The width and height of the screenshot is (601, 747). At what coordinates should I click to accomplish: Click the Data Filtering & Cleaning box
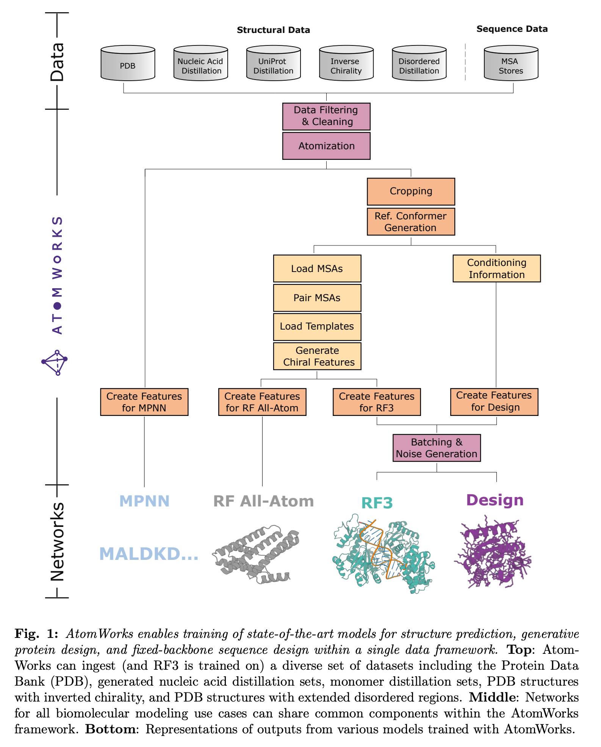[x=326, y=116]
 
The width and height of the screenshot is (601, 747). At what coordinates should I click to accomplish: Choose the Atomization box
[x=326, y=146]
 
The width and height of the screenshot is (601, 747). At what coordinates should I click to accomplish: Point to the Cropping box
[x=411, y=191]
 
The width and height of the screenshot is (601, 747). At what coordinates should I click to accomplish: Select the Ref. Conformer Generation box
[x=411, y=222]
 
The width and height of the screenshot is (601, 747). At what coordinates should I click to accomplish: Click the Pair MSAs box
[x=317, y=298]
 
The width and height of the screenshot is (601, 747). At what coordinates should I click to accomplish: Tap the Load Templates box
[x=317, y=327]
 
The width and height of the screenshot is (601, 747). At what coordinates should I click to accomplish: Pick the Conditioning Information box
[x=496, y=269]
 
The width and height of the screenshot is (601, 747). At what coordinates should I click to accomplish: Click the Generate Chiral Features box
[x=317, y=356]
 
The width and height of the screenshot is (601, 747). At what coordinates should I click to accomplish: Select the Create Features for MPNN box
[x=144, y=402]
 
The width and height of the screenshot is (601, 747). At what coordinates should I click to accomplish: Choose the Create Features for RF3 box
[x=377, y=402]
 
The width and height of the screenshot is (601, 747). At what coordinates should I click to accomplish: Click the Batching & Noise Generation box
[x=437, y=448]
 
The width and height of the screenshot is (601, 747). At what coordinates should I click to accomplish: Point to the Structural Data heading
[x=273, y=30]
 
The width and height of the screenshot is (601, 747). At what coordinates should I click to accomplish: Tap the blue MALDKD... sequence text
[x=149, y=554]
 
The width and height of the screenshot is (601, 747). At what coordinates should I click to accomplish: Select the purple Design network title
[x=495, y=500]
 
